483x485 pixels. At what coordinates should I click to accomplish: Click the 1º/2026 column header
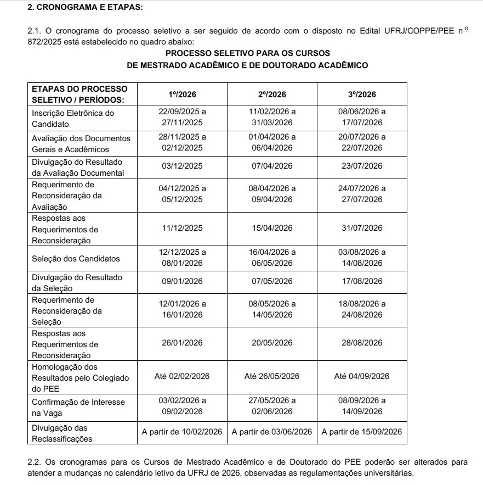point(182,94)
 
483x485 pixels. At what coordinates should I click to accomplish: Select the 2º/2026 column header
point(272,94)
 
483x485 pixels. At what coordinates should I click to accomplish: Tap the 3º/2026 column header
point(362,94)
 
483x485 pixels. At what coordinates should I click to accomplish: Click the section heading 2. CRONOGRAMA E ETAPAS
point(81,8)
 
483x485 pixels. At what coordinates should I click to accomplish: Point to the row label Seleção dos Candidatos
point(76,259)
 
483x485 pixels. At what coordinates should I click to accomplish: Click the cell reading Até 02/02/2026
point(182,376)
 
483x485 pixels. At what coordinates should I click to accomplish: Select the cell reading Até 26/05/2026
point(272,376)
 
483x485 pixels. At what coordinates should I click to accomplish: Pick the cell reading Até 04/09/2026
point(362,376)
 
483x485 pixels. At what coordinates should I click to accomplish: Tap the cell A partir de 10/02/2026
point(182,432)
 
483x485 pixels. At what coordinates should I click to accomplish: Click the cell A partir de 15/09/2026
point(362,432)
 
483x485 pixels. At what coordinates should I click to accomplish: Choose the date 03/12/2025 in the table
point(182,166)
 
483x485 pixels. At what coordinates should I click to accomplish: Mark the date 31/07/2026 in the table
point(362,228)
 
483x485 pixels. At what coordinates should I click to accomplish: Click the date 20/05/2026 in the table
point(272,343)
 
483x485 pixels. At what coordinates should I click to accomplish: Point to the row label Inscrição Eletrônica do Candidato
point(73,119)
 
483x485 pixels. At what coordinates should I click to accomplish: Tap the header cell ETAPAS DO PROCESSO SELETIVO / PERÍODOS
point(79,94)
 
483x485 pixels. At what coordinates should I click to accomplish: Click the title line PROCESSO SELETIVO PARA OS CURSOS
point(248,53)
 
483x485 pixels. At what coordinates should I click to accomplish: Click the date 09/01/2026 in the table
point(182,281)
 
